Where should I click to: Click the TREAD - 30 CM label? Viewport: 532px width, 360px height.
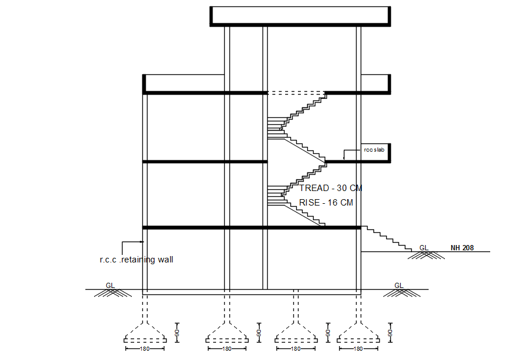click(331, 188)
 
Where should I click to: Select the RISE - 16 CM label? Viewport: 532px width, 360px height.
click(326, 203)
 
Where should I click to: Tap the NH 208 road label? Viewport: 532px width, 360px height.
click(462, 248)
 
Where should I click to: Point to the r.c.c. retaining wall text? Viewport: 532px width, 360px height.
click(136, 260)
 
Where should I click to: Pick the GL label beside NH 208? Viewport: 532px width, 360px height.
click(424, 248)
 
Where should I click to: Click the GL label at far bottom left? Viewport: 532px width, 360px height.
click(110, 285)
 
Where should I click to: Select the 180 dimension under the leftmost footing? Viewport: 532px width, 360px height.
click(145, 349)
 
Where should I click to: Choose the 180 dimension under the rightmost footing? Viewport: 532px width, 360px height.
click(358, 349)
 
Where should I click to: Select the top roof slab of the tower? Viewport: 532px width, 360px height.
click(299, 16)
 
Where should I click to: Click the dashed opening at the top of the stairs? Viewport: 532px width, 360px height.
click(296, 93)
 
